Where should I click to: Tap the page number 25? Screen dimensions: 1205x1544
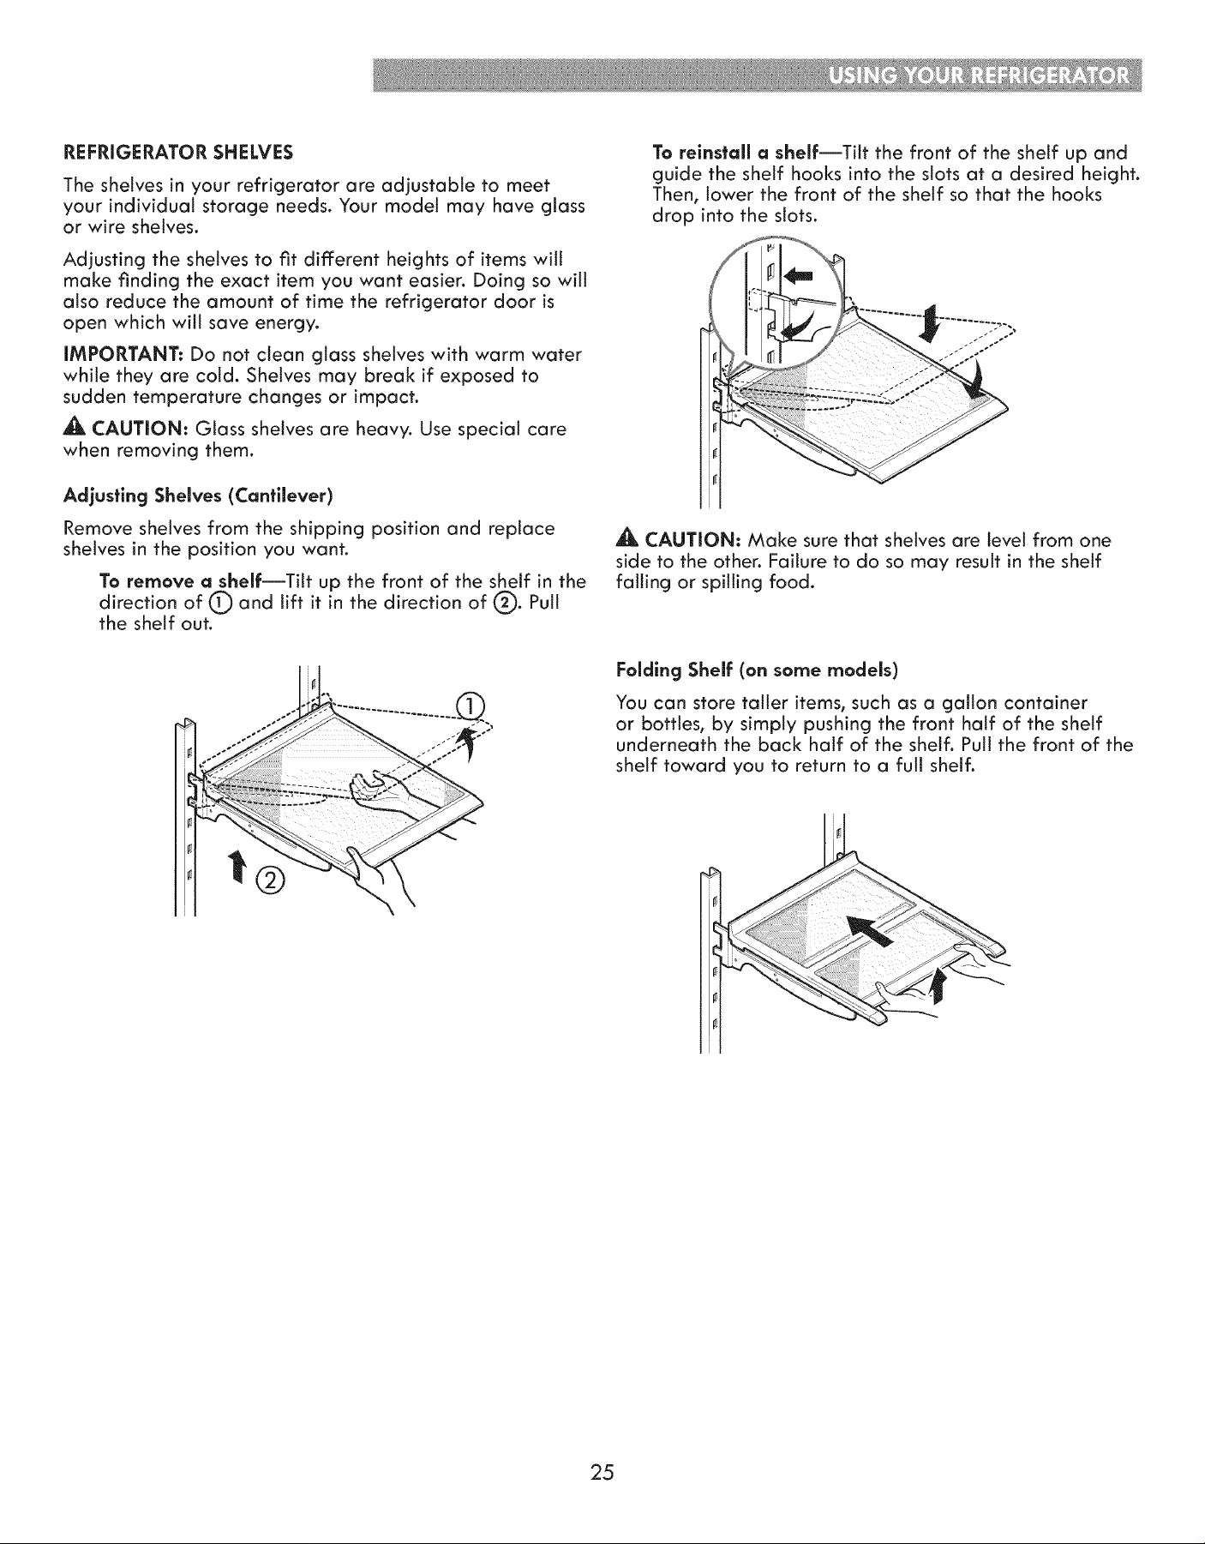[602, 1473]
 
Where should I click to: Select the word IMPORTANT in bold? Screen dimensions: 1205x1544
[123, 355]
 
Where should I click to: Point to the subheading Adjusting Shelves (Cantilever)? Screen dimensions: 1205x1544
[199, 496]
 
